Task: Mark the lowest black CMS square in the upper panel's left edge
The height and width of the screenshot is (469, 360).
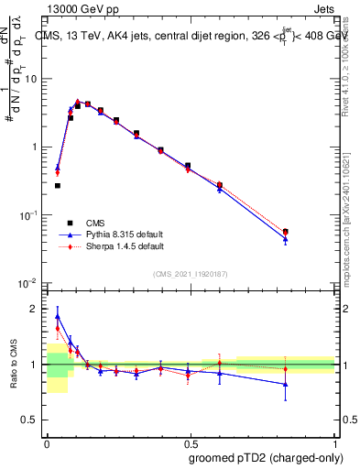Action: coord(58,185)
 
